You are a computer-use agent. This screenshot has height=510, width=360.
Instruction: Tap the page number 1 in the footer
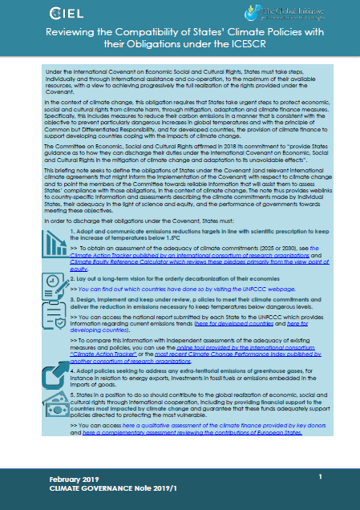click(x=319, y=477)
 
